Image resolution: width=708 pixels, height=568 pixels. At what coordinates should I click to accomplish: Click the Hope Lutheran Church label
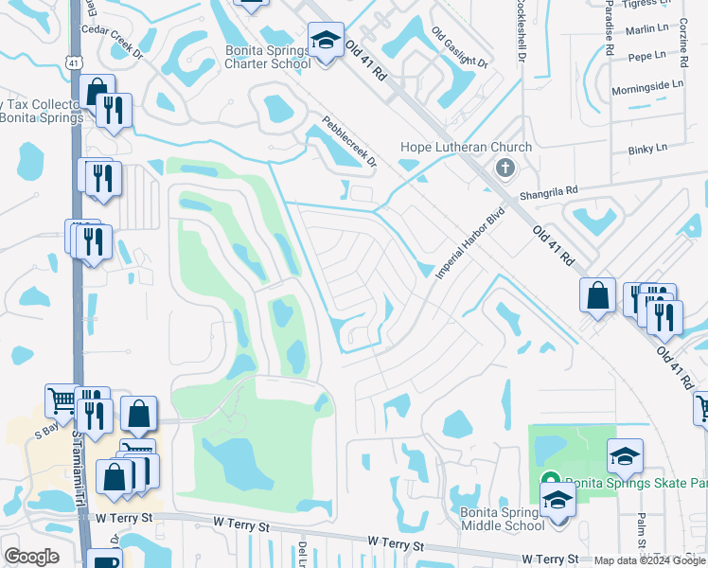466,147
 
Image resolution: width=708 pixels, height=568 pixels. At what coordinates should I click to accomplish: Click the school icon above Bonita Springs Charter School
326,41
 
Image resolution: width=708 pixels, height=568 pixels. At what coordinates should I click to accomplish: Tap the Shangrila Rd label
547,193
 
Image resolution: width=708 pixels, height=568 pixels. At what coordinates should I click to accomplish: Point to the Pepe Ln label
648,58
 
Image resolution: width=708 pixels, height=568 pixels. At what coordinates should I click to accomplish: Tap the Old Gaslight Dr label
459,47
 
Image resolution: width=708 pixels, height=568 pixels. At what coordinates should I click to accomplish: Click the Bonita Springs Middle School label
502,519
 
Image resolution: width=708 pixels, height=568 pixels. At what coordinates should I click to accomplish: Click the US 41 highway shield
73,62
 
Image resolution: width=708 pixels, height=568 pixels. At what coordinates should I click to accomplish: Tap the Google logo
31,557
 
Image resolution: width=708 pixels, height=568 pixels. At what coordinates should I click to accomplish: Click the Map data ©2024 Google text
649,560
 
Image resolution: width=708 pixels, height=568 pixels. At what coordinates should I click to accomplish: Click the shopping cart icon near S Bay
62,400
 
